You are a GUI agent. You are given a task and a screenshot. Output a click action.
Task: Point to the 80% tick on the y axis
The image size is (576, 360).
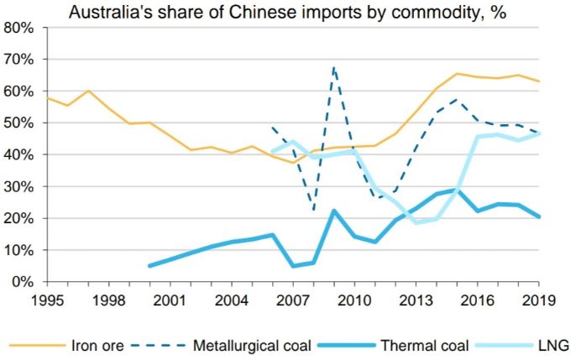pos(19,28)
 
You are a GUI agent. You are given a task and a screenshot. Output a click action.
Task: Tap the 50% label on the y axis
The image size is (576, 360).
pos(19,123)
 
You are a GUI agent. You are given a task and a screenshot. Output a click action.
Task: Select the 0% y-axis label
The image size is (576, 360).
pos(23,282)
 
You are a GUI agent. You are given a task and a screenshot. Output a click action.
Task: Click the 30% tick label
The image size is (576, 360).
pos(19,186)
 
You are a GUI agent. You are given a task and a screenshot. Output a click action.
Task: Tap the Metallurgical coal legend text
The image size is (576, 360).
pos(253,343)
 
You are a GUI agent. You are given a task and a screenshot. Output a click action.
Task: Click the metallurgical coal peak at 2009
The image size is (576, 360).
pos(334,67)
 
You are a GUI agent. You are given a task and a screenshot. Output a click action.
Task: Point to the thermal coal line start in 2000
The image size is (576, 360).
pos(149,266)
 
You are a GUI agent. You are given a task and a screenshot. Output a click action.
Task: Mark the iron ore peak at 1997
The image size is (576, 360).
pos(88,91)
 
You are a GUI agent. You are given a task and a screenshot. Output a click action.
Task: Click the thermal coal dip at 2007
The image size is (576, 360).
pos(293,266)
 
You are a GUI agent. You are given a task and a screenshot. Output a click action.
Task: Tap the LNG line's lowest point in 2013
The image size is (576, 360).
pos(416,222)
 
